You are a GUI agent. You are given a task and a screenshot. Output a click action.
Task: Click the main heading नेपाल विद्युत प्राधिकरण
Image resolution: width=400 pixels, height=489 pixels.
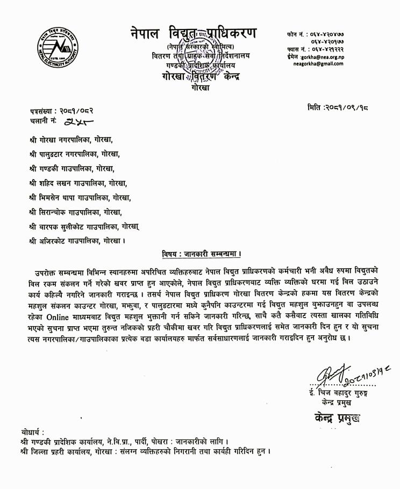point(194,33)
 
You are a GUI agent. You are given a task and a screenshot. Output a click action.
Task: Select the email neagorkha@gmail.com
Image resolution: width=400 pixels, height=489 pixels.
point(318,63)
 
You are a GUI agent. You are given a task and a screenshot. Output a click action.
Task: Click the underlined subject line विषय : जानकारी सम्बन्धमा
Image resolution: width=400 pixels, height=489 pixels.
point(201,253)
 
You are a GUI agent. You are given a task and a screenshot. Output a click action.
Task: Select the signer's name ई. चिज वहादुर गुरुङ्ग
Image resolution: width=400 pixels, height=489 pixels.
point(334,392)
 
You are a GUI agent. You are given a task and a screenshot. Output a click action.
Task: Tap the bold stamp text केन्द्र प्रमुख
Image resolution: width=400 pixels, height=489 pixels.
point(335,417)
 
